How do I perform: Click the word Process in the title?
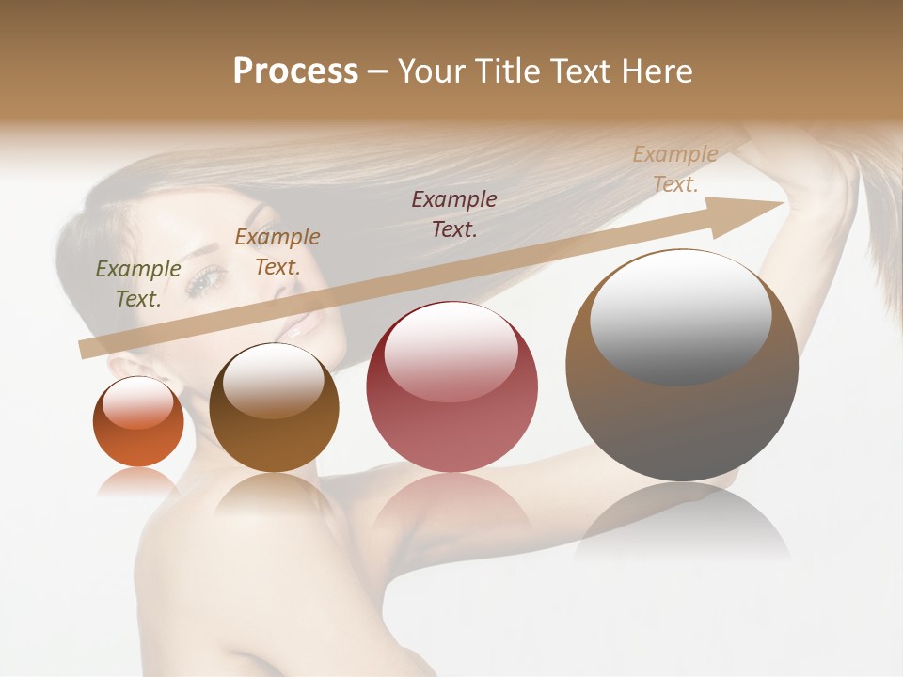(295, 71)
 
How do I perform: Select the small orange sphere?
(138, 421)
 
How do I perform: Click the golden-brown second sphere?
(274, 408)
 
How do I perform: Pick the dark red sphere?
(451, 387)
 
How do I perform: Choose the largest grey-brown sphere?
(682, 367)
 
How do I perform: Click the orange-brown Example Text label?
(277, 252)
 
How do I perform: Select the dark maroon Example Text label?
(454, 213)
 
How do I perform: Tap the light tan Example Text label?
(674, 169)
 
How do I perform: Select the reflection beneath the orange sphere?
(137, 481)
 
